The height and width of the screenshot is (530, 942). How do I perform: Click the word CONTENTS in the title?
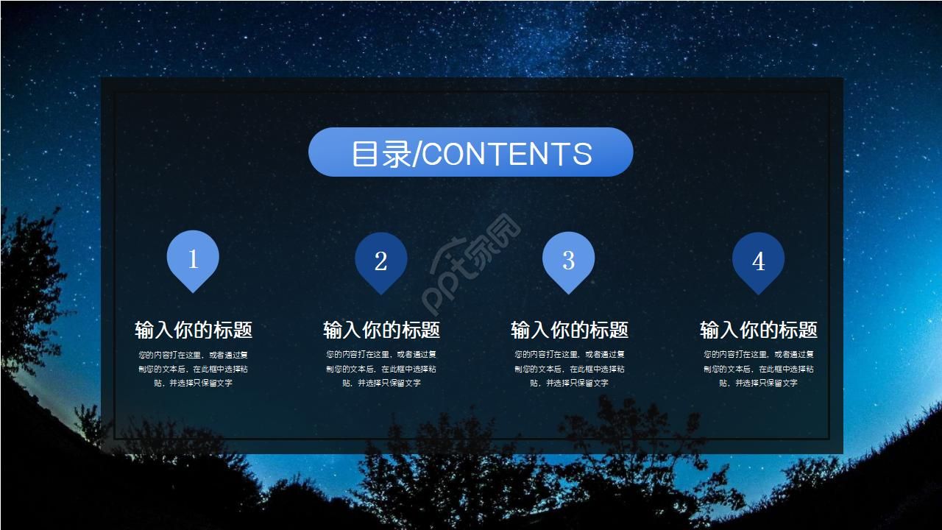507,155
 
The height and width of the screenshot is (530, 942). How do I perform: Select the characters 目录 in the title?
380,154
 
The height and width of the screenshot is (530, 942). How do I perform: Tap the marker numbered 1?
193,259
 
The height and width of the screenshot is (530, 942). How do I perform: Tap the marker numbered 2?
380,261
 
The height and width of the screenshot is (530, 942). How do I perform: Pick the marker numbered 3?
568,261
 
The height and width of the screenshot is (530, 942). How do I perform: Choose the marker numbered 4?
758,261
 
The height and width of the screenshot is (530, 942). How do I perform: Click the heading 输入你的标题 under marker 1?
194,330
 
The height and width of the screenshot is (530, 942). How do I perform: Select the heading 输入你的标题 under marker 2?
381,330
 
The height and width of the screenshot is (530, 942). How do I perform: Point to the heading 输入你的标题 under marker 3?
570,330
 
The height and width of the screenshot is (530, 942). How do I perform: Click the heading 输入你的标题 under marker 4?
758,330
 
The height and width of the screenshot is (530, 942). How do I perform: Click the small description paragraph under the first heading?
193,368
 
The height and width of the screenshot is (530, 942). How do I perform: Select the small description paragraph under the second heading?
381,368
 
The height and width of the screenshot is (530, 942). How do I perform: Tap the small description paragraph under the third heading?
570,368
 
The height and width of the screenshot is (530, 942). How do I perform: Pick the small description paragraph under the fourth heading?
758,368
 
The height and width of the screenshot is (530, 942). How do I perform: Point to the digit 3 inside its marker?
568,259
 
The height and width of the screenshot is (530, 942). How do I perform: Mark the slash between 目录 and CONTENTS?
417,155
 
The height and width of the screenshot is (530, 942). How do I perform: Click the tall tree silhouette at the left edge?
29,294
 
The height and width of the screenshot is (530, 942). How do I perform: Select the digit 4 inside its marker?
758,261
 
